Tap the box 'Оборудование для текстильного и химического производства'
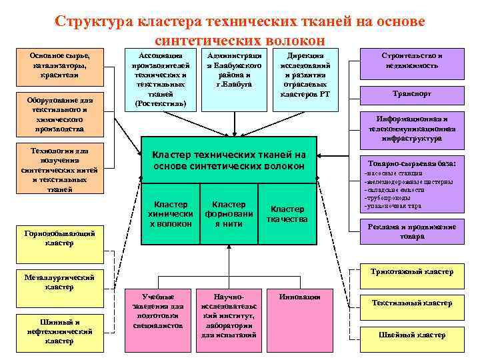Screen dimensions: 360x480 [59, 115]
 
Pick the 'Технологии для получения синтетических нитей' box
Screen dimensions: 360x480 [59, 169]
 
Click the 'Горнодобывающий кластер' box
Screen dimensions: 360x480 [59, 238]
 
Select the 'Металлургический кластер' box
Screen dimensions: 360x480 [59, 281]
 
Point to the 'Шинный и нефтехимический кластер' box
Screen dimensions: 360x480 [59, 331]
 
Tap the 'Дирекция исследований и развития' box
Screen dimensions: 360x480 [305, 75]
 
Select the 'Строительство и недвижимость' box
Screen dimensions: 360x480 [412, 62]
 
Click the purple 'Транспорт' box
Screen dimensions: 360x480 [412, 95]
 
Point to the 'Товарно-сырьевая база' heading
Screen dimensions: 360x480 [412, 163]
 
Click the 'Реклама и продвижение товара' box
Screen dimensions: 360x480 [412, 231]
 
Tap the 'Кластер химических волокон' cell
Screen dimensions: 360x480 [171, 214]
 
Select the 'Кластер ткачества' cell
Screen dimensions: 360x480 [287, 214]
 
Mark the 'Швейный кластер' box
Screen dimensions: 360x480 [412, 335]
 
